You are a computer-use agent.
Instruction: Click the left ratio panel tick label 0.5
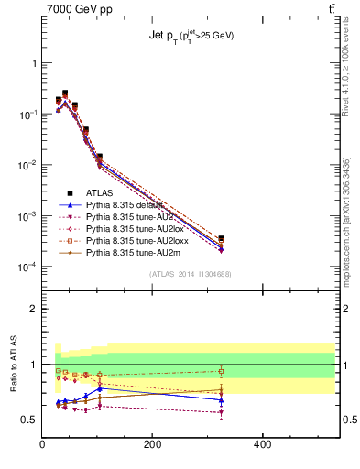coord(29,420)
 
